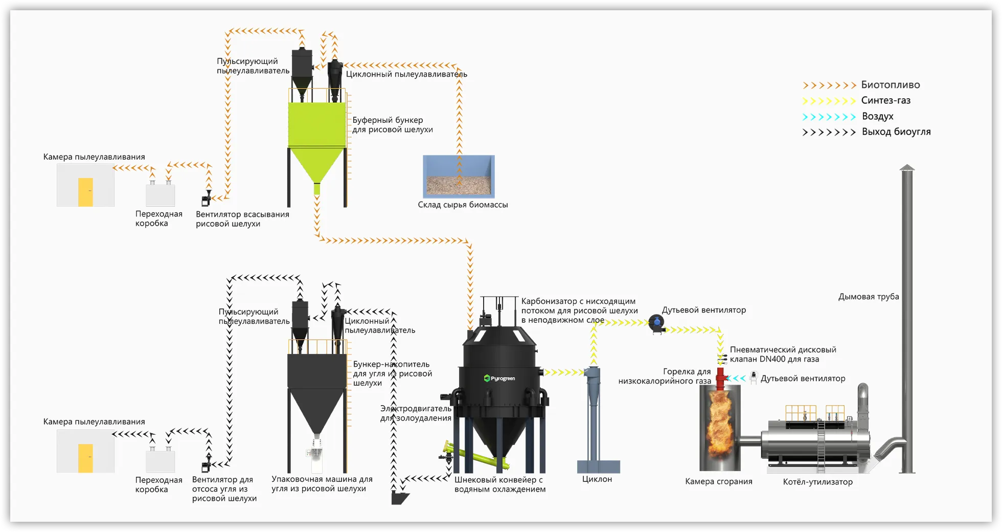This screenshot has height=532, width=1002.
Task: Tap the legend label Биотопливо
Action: click(890, 85)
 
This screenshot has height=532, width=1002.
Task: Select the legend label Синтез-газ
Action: click(885, 101)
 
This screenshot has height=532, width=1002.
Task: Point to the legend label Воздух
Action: click(877, 117)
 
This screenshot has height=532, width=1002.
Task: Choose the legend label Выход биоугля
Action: click(896, 132)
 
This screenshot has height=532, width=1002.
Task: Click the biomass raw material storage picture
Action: click(459, 176)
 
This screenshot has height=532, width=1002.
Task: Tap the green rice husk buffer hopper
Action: click(317, 133)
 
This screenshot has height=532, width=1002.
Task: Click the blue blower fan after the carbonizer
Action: click(657, 323)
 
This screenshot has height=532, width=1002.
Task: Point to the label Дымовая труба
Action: click(868, 297)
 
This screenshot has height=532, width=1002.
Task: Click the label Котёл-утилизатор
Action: click(817, 482)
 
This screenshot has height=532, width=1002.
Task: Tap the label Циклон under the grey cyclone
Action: click(597, 479)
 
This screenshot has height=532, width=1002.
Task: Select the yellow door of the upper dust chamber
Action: click(85, 192)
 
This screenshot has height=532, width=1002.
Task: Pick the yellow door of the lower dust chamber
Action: click(85, 458)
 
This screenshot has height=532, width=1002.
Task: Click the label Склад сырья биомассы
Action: click(463, 205)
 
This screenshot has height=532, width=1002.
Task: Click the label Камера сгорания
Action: click(718, 482)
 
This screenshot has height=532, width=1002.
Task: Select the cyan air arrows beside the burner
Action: click(736, 379)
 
